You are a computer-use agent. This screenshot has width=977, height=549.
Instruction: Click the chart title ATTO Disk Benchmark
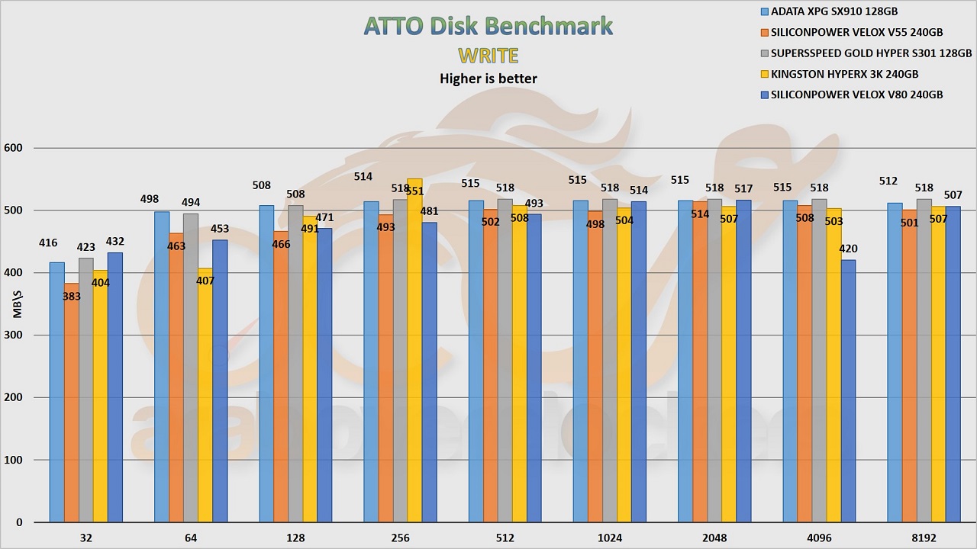pyautogui.click(x=488, y=26)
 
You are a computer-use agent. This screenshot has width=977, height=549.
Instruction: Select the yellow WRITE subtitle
pyautogui.click(x=488, y=56)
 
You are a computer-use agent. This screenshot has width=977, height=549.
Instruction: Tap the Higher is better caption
pyautogui.click(x=488, y=79)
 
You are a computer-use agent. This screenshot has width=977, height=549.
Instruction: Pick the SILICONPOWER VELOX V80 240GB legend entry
pyautogui.click(x=850, y=95)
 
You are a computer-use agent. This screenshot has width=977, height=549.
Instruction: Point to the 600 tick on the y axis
pyautogui.click(x=15, y=148)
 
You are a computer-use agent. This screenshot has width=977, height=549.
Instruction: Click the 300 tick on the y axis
pyautogui.click(x=15, y=335)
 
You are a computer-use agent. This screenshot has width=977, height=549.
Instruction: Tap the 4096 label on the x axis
pyautogui.click(x=819, y=538)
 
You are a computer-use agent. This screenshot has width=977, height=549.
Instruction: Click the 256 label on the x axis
pyautogui.click(x=400, y=538)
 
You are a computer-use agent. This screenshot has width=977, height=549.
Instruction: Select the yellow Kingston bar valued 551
pyautogui.click(x=414, y=351)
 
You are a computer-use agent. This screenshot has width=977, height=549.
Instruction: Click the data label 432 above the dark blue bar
pyautogui.click(x=115, y=242)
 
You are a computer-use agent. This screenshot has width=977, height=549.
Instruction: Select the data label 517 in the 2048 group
pyautogui.click(x=743, y=189)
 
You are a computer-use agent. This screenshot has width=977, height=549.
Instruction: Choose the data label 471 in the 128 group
pyautogui.click(x=324, y=217)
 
